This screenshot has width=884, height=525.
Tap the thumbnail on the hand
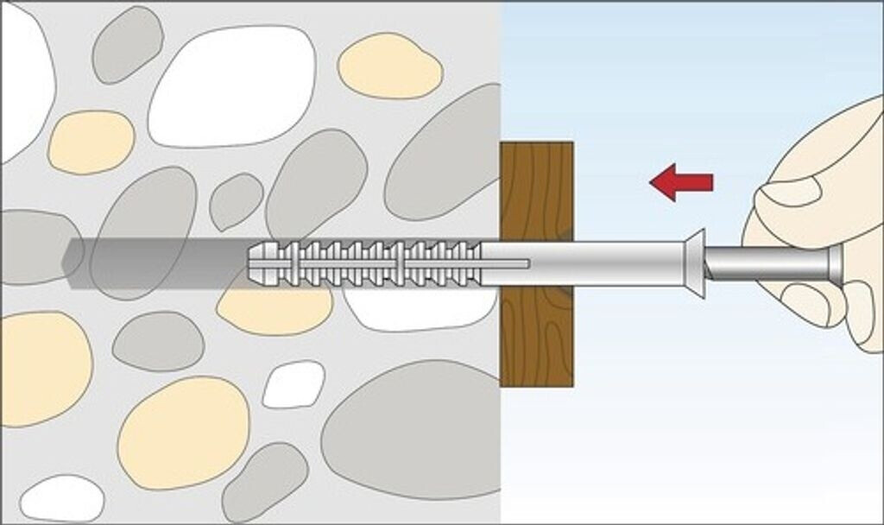click(x=791, y=192)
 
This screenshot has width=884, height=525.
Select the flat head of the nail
click(x=836, y=263)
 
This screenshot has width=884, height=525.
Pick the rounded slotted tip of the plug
click(x=257, y=262)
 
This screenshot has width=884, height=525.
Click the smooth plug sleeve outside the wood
click(x=630, y=262)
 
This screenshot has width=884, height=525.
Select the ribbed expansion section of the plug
click(x=371, y=262)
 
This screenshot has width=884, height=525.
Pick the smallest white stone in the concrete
click(x=294, y=384)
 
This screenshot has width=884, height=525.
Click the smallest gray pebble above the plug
click(x=235, y=200)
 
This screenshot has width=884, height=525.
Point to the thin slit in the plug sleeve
click(x=505, y=262)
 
